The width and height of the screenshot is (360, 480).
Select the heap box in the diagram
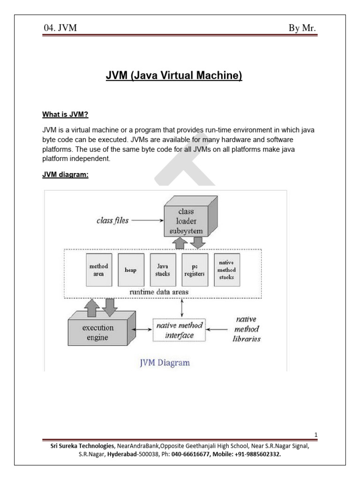click(130, 270)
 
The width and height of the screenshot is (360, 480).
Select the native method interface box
click(180, 330)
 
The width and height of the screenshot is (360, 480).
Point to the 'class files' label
click(112, 220)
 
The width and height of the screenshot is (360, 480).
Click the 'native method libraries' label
click(246, 329)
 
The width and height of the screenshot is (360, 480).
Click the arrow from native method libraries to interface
click(218, 330)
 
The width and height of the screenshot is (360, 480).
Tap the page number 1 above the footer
click(316, 435)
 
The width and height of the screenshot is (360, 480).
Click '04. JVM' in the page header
click(60, 29)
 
